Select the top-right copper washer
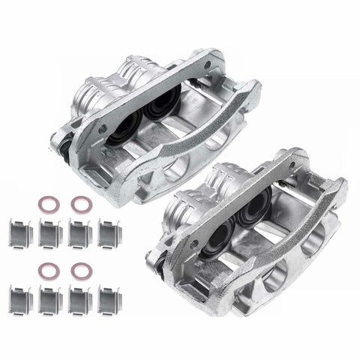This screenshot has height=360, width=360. [x=78, y=202]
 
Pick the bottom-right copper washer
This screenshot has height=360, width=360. [x=79, y=266]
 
